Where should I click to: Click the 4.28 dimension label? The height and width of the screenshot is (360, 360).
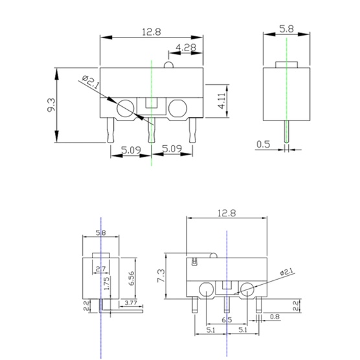click(186, 47)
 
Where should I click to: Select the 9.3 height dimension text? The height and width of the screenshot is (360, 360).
click(51, 105)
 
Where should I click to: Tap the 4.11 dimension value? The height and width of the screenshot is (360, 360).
click(222, 101)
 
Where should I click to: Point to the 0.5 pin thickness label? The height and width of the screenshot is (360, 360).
click(263, 144)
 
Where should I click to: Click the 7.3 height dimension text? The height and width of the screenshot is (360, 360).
click(161, 276)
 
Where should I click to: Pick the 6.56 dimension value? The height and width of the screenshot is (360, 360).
click(131, 278)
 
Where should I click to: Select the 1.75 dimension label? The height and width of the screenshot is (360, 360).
click(107, 283)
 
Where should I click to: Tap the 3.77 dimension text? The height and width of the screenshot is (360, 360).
click(131, 302)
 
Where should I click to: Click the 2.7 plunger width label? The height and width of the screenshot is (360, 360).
click(101, 269)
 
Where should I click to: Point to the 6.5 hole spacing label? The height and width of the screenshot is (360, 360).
click(227, 320)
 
